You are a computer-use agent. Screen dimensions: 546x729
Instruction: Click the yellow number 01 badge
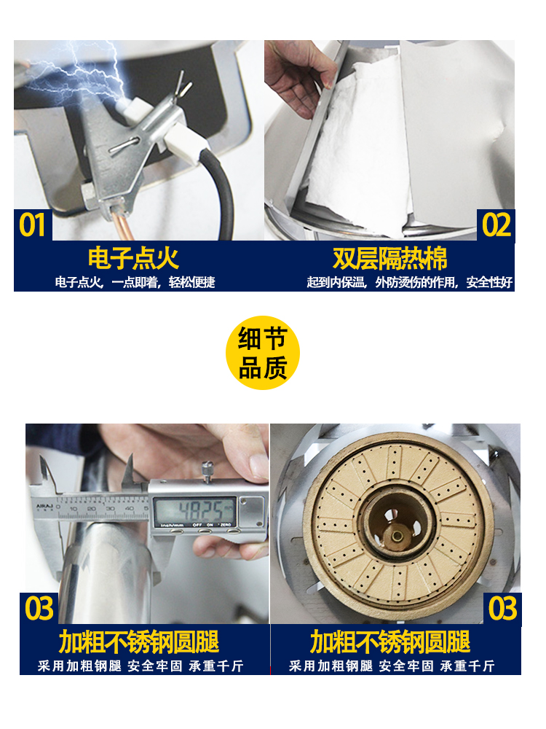tap(32, 225)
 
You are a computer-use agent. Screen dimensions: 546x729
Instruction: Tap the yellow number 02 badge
tap(496, 225)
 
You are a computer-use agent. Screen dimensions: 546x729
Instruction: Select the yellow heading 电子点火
tap(133, 259)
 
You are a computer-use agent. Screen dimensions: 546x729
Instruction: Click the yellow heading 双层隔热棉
tap(390, 259)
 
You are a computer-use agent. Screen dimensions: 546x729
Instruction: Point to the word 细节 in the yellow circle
tap(262, 338)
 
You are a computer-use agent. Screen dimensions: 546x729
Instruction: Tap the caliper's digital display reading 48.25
tap(194, 511)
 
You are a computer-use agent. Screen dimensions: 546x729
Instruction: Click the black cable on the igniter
tap(223, 190)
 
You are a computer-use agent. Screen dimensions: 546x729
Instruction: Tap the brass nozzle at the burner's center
tap(397, 537)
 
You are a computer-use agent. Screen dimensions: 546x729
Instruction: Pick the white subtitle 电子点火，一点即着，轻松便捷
tap(135, 282)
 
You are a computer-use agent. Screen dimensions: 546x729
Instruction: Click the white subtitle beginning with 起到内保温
tap(409, 282)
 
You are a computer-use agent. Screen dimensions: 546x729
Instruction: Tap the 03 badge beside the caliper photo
tap(39, 609)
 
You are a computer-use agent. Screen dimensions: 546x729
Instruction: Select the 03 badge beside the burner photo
tap(502, 609)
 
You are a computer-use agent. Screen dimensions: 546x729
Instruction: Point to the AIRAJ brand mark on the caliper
tap(44, 506)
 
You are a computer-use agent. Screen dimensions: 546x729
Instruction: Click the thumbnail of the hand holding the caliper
tap(147, 523)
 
